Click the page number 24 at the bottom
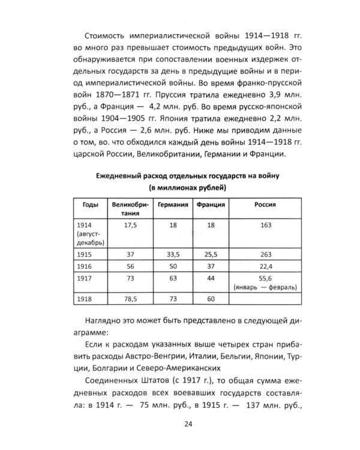(x=179, y=425)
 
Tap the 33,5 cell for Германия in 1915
(x=173, y=254)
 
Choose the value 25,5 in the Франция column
(x=211, y=254)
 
